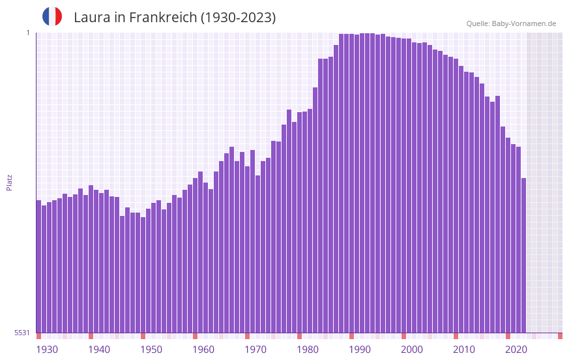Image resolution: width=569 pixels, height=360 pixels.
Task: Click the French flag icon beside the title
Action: pyautogui.click(x=52, y=16)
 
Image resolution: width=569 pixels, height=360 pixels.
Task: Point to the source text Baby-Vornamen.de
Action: pyautogui.click(x=523, y=23)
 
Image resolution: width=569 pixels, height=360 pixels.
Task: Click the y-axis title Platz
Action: pyautogui.click(x=9, y=182)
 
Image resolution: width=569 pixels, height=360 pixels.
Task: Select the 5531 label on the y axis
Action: pyautogui.click(x=22, y=333)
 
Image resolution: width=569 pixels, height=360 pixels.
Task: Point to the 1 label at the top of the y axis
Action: pyautogui.click(x=27, y=33)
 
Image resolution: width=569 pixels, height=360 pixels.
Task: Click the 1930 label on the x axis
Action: pyautogui.click(x=47, y=350)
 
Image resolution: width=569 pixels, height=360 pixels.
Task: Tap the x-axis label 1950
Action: pyautogui.click(x=151, y=350)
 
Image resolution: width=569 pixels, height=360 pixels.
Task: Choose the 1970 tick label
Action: pyautogui.click(x=255, y=350)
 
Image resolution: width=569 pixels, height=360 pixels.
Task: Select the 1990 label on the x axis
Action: pyautogui.click(x=360, y=350)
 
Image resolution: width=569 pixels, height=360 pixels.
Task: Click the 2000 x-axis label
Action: pyautogui.click(x=412, y=350)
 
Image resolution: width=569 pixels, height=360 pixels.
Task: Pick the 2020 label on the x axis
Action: pyautogui.click(x=516, y=350)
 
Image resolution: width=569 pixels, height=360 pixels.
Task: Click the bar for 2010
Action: pyautogui.click(x=456, y=196)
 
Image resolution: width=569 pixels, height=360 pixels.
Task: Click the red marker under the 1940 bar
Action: pyautogui.click(x=91, y=336)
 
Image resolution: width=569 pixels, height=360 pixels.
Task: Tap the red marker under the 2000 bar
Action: pyautogui.click(x=403, y=336)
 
